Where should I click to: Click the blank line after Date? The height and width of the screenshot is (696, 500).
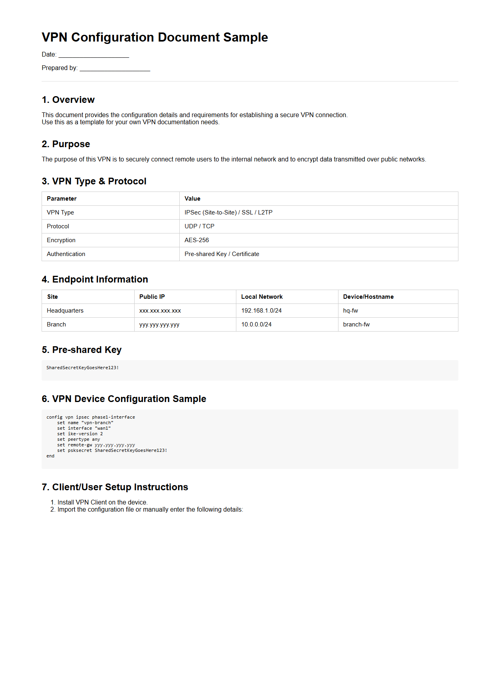pyautogui.click(x=94, y=55)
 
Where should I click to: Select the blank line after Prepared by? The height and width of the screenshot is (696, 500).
pyautogui.click(x=115, y=68)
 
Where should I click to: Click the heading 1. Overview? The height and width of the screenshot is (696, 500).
pyautogui.click(x=68, y=100)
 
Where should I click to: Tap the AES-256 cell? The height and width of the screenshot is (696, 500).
pyautogui.click(x=196, y=240)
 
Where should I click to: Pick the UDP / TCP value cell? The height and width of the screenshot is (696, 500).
pyautogui.click(x=199, y=226)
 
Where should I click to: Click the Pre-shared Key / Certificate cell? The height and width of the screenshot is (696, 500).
pyautogui.click(x=222, y=254)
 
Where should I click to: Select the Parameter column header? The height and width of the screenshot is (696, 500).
pyautogui.click(x=61, y=199)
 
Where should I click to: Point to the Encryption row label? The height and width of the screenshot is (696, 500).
pyautogui.click(x=61, y=240)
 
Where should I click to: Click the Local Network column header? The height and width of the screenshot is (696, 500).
pyautogui.click(x=262, y=297)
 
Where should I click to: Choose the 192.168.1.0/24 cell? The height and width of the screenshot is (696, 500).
pyautogui.click(x=261, y=311)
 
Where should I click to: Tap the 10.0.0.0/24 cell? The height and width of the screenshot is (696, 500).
pyautogui.click(x=256, y=324)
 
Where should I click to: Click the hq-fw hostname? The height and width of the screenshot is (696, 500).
pyautogui.click(x=350, y=311)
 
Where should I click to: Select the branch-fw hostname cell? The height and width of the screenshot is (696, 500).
pyautogui.click(x=356, y=324)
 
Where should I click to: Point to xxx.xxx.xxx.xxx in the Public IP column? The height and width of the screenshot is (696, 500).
pyautogui.click(x=160, y=311)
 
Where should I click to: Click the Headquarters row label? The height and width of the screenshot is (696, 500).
pyautogui.click(x=65, y=311)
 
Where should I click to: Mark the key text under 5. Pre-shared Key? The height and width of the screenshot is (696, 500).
pyautogui.click(x=82, y=368)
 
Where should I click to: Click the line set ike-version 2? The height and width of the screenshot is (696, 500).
pyautogui.click(x=80, y=434)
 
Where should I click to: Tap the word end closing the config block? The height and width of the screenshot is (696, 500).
pyautogui.click(x=50, y=456)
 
